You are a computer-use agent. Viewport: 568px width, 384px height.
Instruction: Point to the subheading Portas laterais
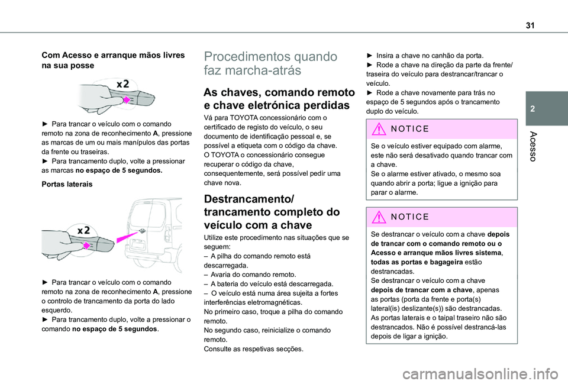click(x=66, y=184)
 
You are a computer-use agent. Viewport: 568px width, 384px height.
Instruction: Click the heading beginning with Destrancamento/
click(x=271, y=211)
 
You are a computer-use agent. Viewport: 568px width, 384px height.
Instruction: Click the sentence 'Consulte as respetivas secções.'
click(x=253, y=348)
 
